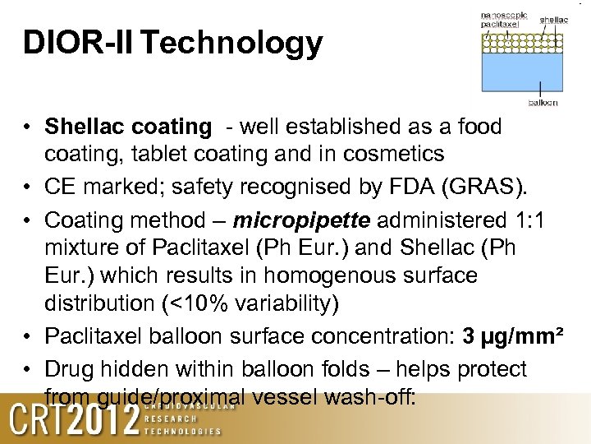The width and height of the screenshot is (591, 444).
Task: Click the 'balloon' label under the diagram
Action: coord(543,103)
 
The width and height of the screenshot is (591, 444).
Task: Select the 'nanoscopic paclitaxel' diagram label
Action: coord(503,20)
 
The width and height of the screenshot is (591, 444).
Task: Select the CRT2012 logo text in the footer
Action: coord(74,420)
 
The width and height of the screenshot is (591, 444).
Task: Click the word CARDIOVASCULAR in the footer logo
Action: coord(190,405)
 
